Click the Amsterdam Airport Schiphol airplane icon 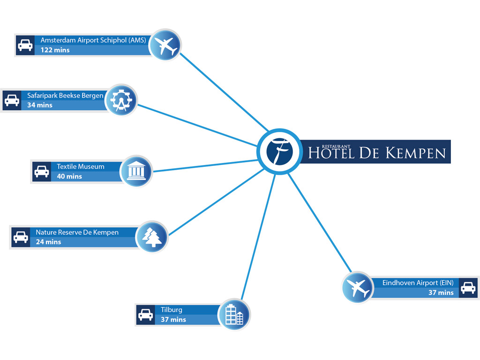[x=165, y=46]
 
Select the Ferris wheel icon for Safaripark [x=121, y=100]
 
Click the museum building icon [x=136, y=171]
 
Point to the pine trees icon [x=152, y=237]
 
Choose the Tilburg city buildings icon [x=234, y=315]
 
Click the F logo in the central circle [x=279, y=151]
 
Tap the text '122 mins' [x=55, y=50]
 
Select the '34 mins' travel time [x=40, y=105]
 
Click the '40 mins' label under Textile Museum [x=69, y=176]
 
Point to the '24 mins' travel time [x=48, y=242]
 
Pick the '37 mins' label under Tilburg [x=173, y=320]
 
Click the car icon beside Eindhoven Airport [x=468, y=288]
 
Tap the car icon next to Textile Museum [x=42, y=172]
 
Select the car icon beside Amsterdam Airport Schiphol [x=25, y=45]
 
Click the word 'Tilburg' [x=172, y=310]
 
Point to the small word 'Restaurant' [x=336, y=147]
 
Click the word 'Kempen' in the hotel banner [x=415, y=153]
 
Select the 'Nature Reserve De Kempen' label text [x=77, y=232]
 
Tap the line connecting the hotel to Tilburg [x=258, y=237]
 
